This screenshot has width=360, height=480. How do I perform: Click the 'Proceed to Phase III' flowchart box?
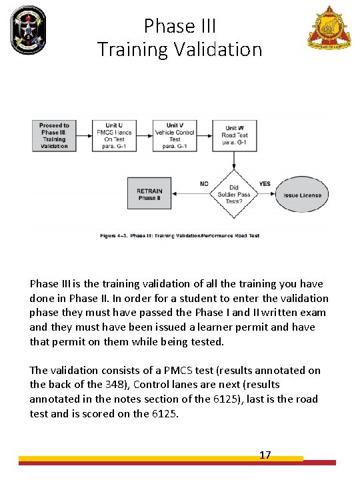[x=55, y=136]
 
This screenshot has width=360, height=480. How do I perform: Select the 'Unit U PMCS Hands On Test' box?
[x=114, y=136]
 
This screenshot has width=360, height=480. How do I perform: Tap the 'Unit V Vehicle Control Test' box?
[x=174, y=136]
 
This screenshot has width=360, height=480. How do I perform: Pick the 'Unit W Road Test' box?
[x=234, y=136]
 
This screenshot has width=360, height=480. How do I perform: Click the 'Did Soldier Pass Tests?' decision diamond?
[x=234, y=195]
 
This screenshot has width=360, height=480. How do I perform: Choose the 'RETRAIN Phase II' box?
[x=149, y=195]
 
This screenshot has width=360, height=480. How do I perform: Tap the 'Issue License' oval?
[x=302, y=195]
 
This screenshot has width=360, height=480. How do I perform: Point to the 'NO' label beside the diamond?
[x=204, y=184]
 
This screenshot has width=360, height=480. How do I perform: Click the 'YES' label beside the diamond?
[x=265, y=184]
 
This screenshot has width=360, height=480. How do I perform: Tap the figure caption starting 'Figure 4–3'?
[x=179, y=235]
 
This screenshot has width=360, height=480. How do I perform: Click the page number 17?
[x=265, y=455]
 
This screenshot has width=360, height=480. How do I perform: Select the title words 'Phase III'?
[x=180, y=27]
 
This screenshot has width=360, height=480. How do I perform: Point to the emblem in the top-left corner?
[x=27, y=27]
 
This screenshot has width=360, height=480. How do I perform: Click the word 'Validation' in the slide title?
[x=217, y=49]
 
